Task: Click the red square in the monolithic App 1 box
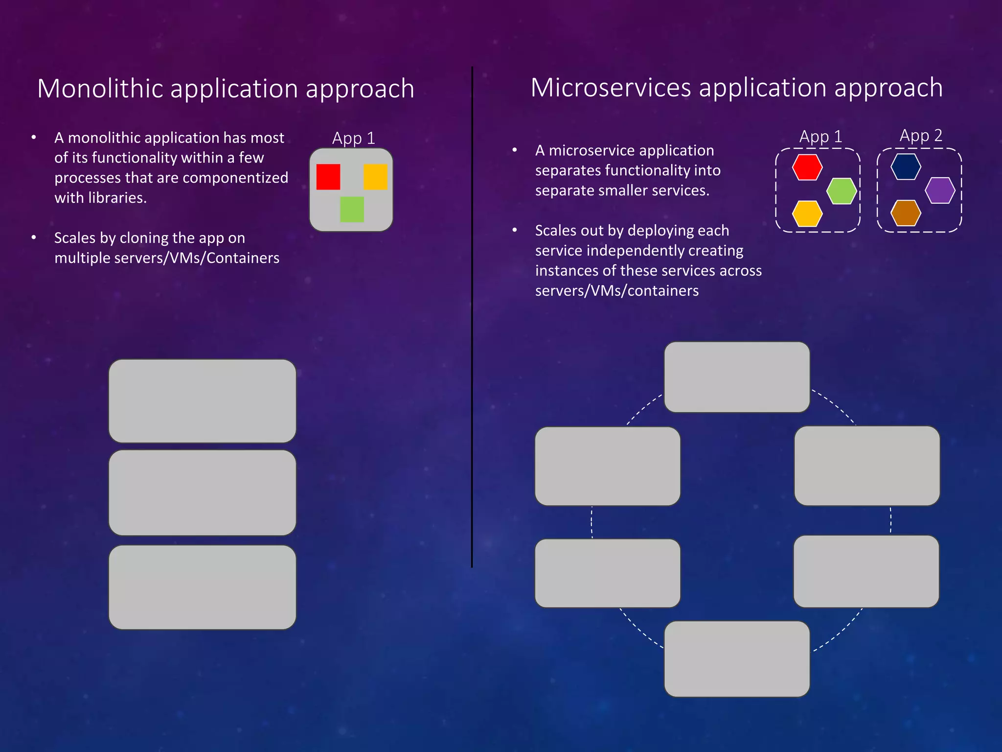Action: [328, 177]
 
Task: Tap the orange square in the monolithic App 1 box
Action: [375, 177]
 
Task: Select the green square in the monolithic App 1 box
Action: [352, 210]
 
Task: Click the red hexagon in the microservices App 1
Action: [807, 167]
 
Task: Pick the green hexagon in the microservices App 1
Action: [842, 191]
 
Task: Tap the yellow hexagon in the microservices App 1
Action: [807, 213]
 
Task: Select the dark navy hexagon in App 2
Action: [906, 167]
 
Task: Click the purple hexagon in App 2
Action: [940, 190]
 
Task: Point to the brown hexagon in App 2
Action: [906, 213]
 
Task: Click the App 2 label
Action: [921, 135]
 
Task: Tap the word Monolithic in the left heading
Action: [100, 89]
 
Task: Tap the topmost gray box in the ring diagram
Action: [737, 377]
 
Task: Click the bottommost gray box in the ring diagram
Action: [737, 658]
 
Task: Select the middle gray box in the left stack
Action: [202, 493]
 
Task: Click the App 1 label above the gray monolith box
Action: [353, 138]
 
